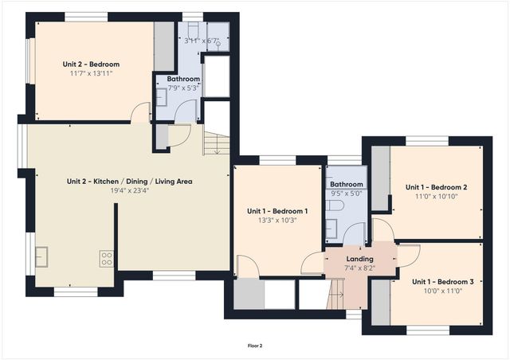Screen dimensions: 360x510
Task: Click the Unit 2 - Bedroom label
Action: click(x=91, y=64)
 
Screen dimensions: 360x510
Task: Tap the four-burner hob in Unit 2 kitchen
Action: click(x=105, y=257)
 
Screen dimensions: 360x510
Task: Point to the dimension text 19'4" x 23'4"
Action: click(x=129, y=190)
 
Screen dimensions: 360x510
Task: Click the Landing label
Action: click(x=359, y=259)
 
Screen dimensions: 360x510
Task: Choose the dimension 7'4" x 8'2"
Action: click(x=359, y=268)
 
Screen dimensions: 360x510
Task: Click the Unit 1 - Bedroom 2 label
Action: click(x=436, y=187)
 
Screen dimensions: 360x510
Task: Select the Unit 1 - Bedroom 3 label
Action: click(x=442, y=282)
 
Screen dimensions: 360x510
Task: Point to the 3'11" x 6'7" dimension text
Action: click(x=200, y=41)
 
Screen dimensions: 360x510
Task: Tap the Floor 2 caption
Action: click(x=255, y=346)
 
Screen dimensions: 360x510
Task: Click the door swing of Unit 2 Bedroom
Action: click(x=141, y=113)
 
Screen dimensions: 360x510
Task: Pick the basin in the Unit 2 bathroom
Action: click(x=162, y=97)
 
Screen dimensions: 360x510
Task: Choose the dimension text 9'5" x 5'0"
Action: click(x=347, y=193)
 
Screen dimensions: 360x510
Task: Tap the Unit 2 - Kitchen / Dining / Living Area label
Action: click(x=129, y=181)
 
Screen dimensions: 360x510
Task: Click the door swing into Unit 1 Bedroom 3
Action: click(x=408, y=253)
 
